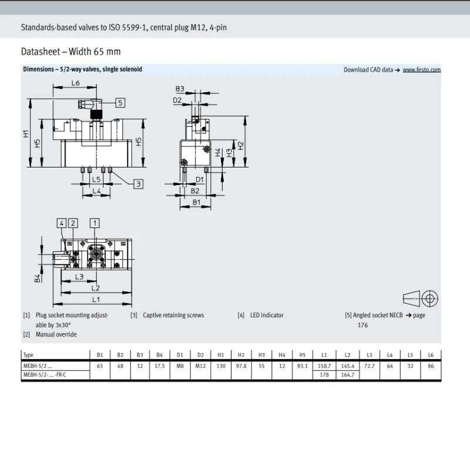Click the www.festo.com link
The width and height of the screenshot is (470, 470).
[421, 70]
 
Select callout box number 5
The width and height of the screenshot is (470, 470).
[120, 103]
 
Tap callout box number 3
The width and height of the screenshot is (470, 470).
[138, 184]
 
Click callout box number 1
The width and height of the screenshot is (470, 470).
[95, 223]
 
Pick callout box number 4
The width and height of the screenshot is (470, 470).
[62, 223]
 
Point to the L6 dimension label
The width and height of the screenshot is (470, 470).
[76, 83]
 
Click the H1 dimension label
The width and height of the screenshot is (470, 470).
[26, 134]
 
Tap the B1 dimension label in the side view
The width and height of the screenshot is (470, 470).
[196, 202]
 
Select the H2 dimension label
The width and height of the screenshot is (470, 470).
[241, 146]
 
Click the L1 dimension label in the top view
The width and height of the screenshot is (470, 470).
[96, 299]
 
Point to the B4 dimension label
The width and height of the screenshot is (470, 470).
[37, 278]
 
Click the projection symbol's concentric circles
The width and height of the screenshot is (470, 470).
[430, 298]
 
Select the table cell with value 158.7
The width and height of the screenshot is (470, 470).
[324, 366]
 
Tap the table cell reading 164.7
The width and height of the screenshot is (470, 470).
[347, 375]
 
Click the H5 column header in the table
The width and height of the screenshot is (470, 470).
[302, 355]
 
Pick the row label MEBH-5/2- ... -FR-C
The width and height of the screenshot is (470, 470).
[45, 375]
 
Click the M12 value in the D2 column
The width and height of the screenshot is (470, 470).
[200, 366]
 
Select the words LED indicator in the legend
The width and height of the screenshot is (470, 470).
[267, 315]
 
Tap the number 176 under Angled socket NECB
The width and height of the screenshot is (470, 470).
[362, 325]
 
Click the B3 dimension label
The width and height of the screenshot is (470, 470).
[180, 89]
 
